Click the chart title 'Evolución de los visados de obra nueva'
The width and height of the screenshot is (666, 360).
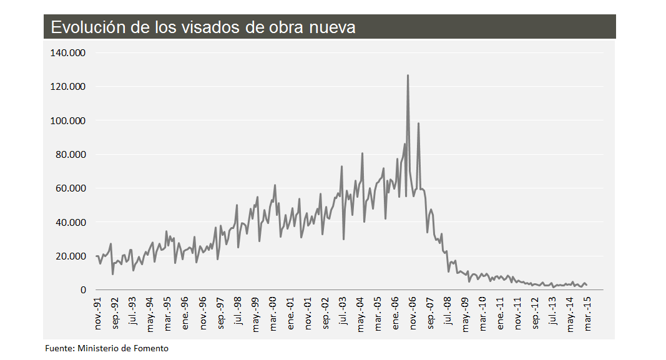(x=203, y=27)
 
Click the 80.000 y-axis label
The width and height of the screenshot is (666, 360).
(x=70, y=154)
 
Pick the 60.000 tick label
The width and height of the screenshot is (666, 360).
(x=70, y=188)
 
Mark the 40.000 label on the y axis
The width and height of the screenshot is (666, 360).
(x=70, y=222)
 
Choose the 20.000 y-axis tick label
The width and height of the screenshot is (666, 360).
(x=70, y=256)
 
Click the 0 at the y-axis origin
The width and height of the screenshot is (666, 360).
(x=82, y=290)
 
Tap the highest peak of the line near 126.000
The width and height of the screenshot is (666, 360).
(x=408, y=75)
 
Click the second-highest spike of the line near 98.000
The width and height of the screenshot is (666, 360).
(x=418, y=124)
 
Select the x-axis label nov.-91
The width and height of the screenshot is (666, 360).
(x=97, y=314)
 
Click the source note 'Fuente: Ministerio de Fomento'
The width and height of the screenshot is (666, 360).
(x=107, y=348)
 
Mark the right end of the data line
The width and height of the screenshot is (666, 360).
(x=586, y=285)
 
